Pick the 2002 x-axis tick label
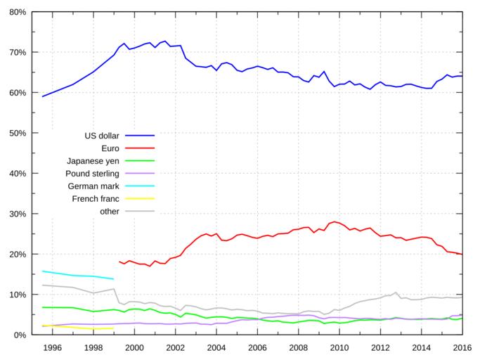[x=175, y=347]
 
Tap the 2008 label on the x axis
[x=298, y=347]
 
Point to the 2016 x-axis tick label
[x=462, y=347]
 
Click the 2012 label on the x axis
[x=380, y=347]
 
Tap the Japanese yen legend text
[x=93, y=160]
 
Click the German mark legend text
[x=95, y=186]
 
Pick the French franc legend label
[x=96, y=198]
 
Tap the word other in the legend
[x=109, y=211]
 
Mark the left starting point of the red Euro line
[x=119, y=261]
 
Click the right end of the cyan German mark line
[x=113, y=279]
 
